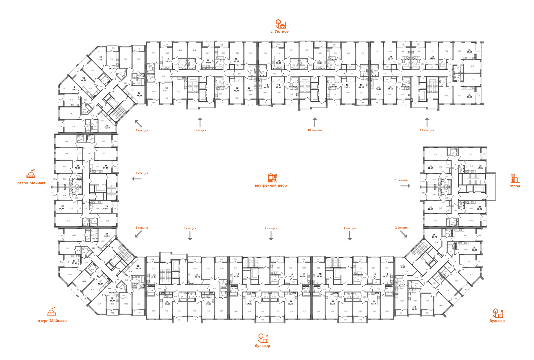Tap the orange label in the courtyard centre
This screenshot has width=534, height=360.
pyautogui.click(x=271, y=180)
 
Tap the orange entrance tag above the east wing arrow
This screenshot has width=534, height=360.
pyautogui.click(x=401, y=180)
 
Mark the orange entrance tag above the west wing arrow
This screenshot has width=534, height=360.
pyautogui.click(x=142, y=173)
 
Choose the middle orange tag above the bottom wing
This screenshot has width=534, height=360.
pyautogui.click(x=271, y=229)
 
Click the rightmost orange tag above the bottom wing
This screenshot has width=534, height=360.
pyautogui.click(x=401, y=228)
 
